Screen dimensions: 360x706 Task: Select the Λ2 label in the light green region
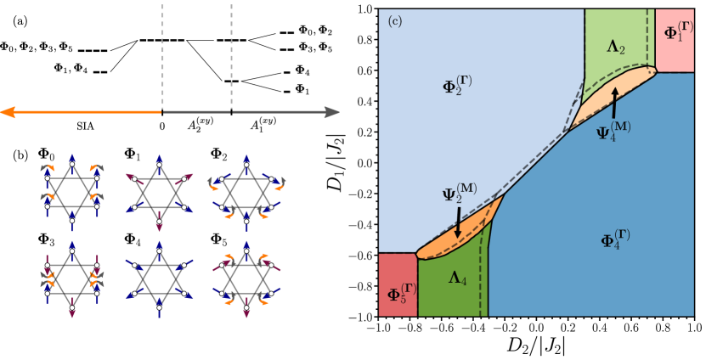(x=616, y=48)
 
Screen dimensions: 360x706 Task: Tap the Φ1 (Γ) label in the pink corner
(x=680, y=33)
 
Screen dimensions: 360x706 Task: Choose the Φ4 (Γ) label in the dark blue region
(x=615, y=239)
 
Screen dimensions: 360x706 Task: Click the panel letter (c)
(x=394, y=20)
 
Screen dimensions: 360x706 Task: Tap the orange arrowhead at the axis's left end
(x=7, y=112)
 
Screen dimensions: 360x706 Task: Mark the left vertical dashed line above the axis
(x=162, y=51)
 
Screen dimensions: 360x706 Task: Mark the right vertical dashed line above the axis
(x=231, y=51)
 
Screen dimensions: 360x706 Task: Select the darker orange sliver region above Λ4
(x=459, y=241)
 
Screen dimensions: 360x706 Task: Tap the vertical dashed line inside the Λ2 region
(x=648, y=38)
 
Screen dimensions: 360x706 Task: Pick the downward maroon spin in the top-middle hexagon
(x=159, y=223)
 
